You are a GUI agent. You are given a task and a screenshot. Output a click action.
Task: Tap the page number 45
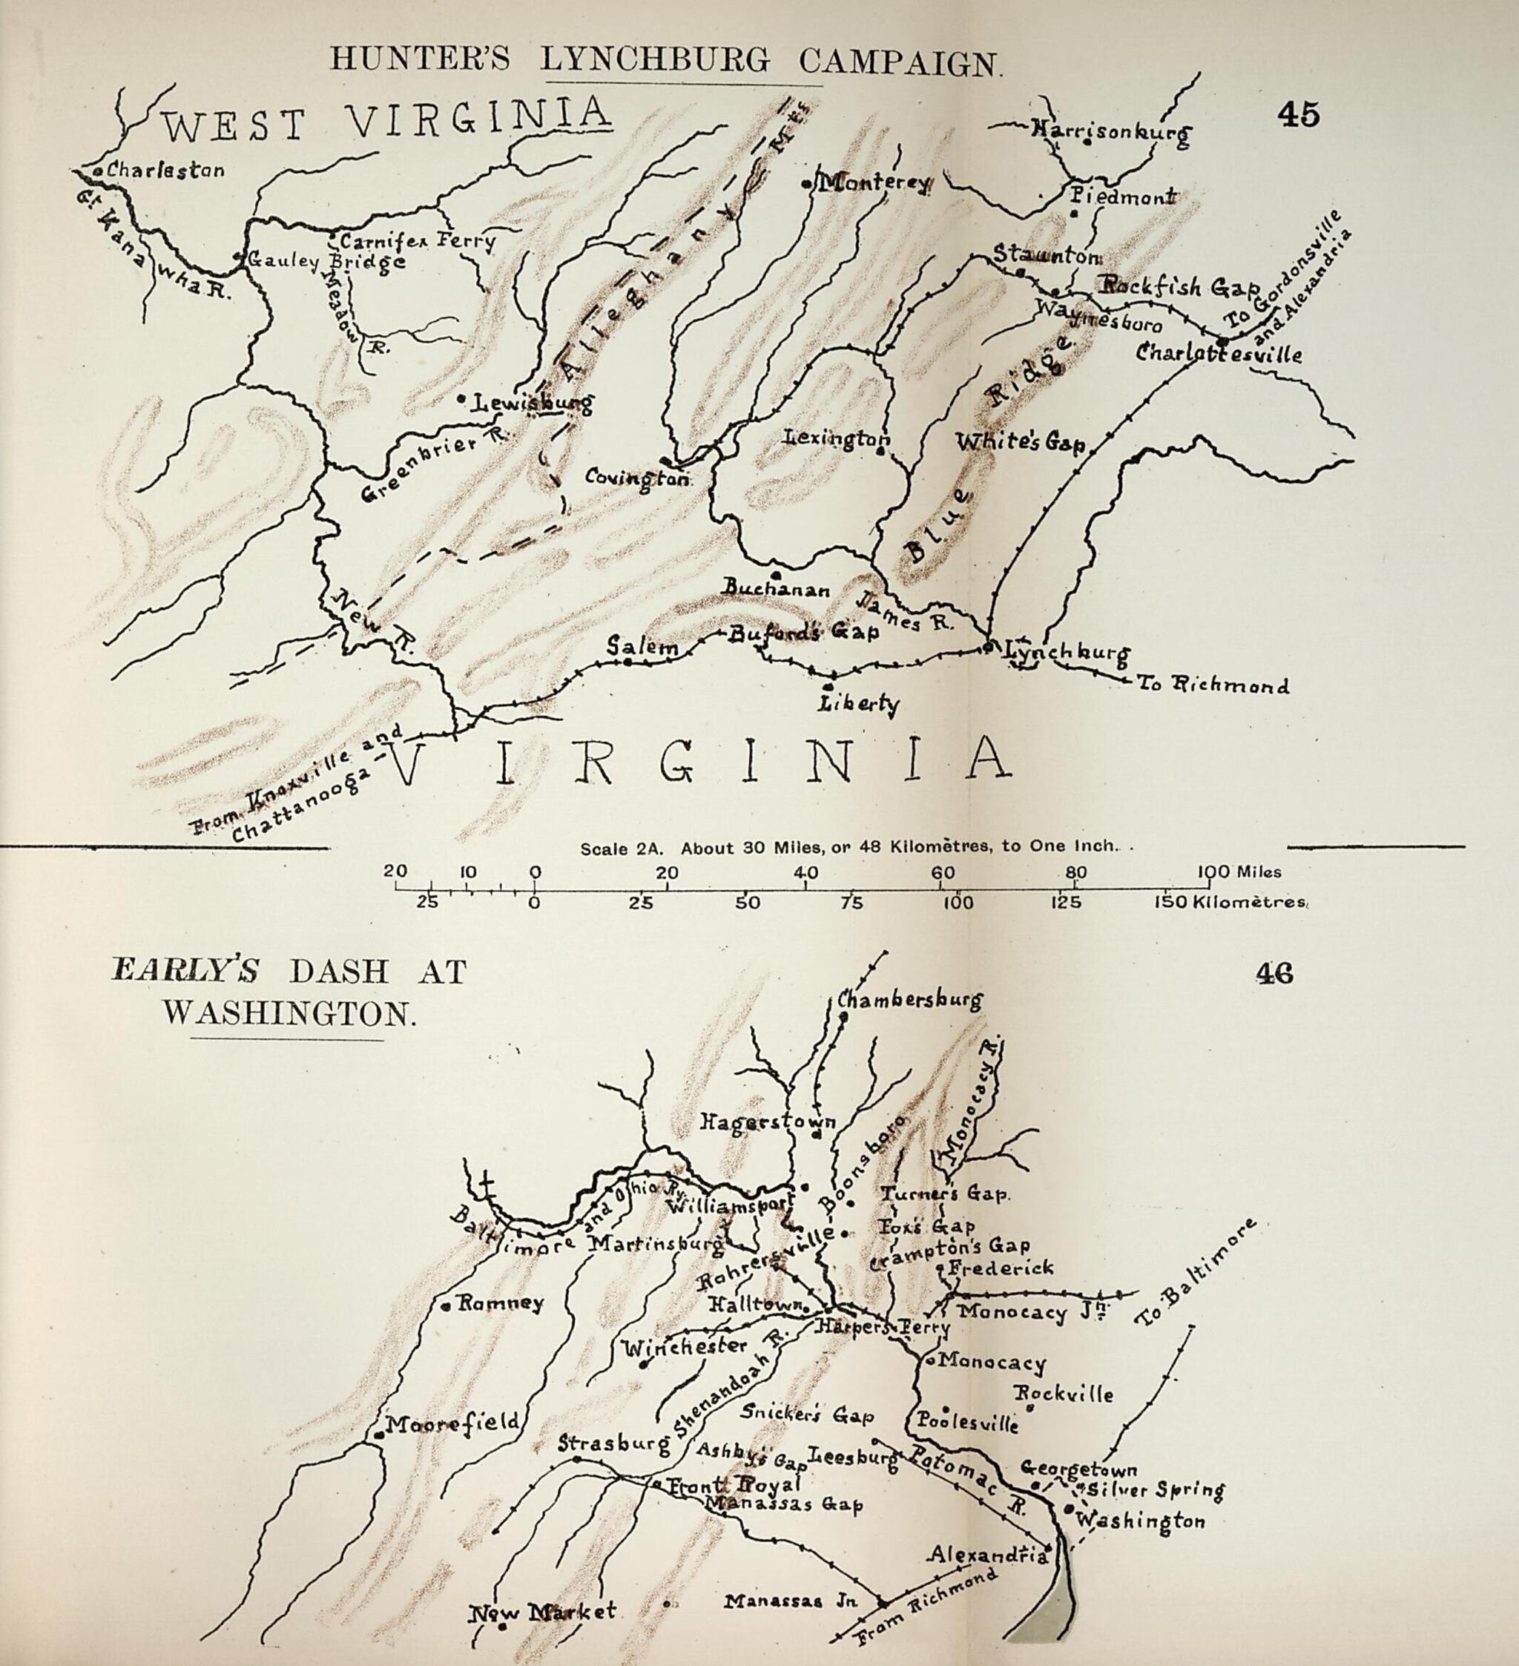point(1298,115)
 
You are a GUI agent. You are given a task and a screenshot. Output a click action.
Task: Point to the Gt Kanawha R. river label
point(149,244)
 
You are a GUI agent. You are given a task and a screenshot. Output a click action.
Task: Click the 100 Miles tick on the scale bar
point(1239,872)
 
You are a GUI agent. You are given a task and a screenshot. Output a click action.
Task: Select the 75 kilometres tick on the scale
point(851,903)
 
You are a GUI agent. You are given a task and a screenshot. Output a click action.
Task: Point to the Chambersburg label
point(910,999)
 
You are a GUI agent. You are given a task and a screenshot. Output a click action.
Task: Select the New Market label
point(543,1610)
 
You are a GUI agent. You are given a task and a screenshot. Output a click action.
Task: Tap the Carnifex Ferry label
point(418,241)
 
